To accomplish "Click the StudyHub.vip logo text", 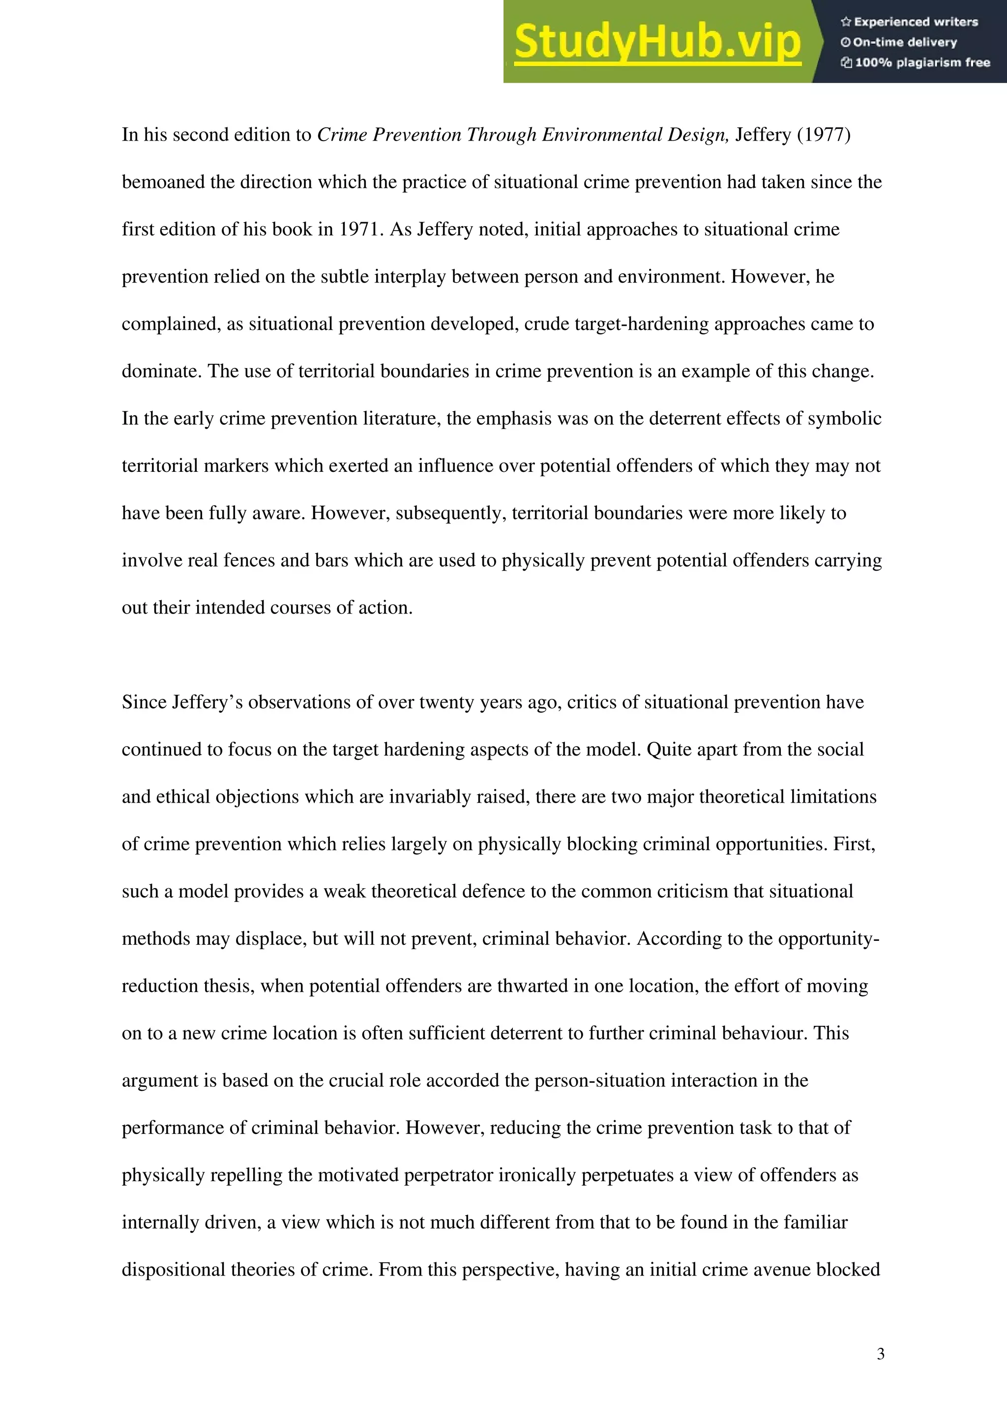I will (657, 42).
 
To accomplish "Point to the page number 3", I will (881, 1353).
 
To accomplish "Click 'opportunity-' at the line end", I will (829, 938).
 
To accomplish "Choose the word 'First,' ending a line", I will (855, 844).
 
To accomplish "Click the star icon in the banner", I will (846, 22).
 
